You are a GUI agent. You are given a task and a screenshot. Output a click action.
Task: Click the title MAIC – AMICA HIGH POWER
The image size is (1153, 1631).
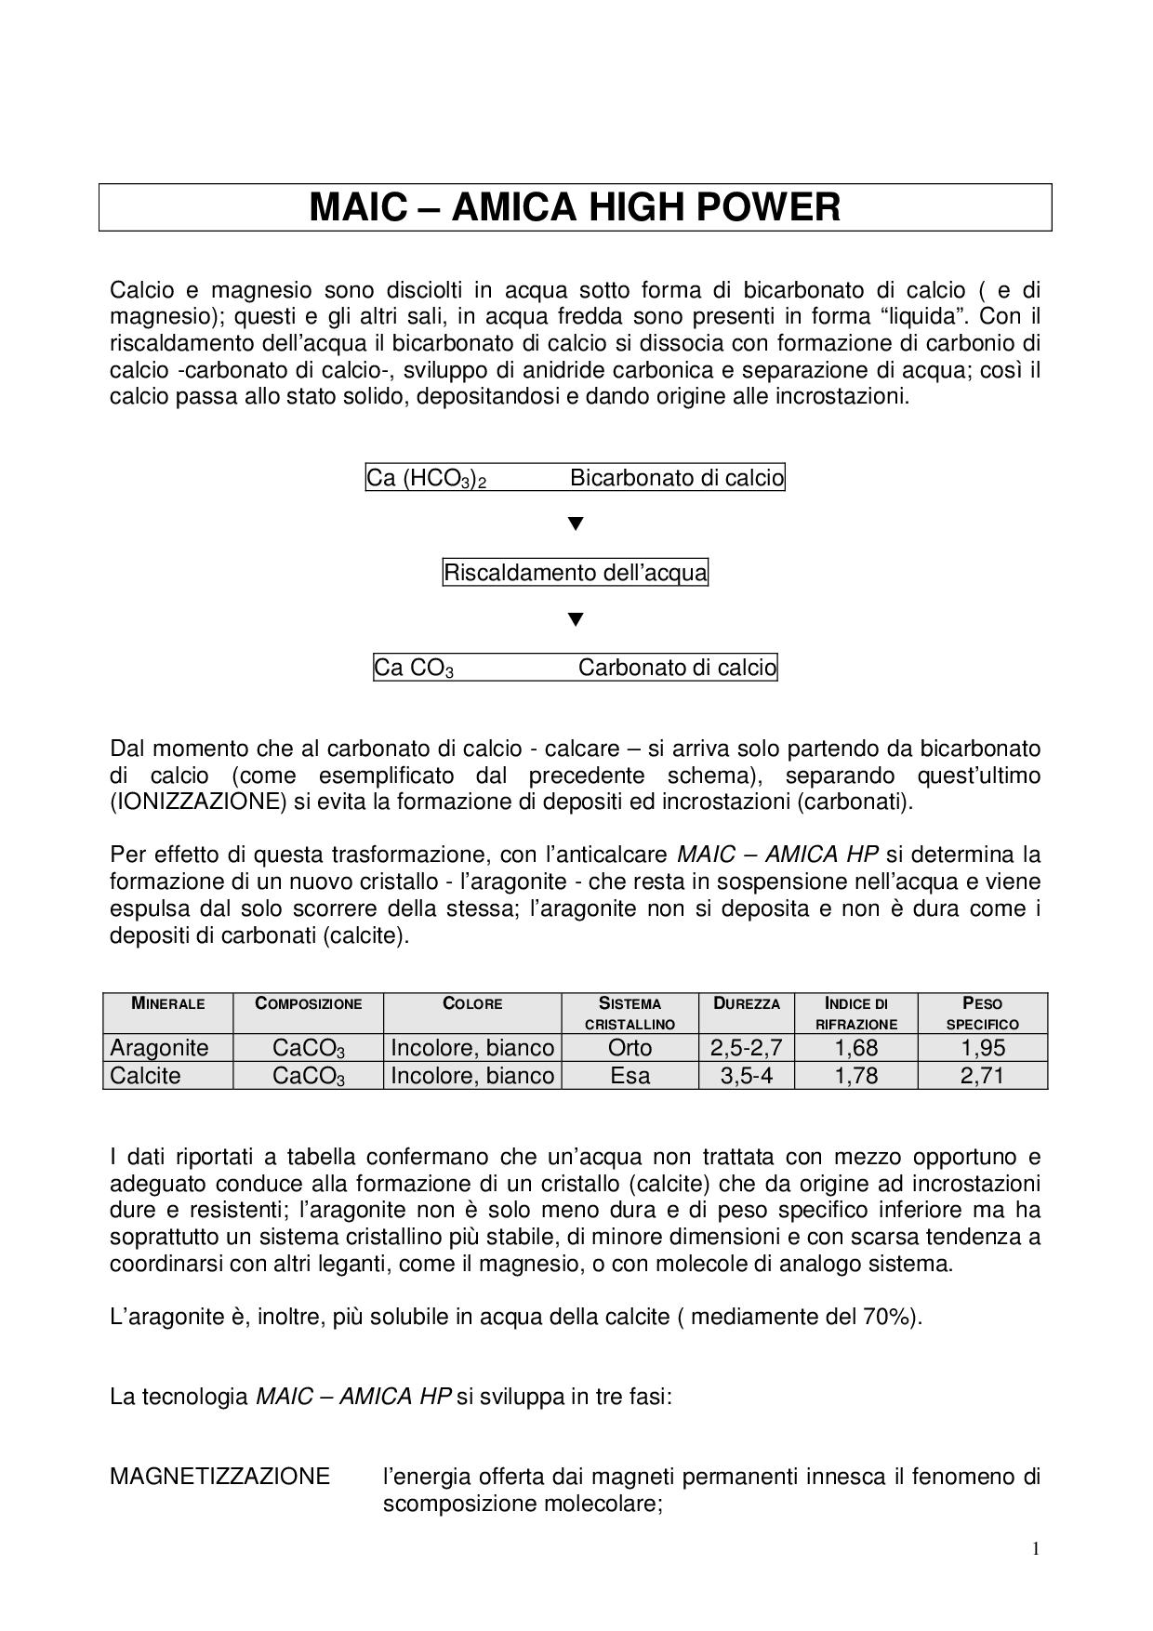point(575,207)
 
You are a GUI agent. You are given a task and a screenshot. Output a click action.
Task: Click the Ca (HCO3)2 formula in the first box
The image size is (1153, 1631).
point(427,479)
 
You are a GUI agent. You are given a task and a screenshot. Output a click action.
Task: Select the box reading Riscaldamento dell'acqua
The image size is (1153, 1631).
point(575,573)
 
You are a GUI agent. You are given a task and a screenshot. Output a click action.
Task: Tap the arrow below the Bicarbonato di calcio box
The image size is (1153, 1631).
point(576,524)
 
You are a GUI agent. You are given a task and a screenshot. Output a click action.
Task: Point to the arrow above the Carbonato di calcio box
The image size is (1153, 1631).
point(576,619)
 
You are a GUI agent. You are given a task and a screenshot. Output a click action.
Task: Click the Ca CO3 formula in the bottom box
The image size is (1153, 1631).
point(414,668)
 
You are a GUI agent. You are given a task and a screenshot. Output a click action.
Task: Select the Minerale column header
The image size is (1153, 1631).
point(168,1003)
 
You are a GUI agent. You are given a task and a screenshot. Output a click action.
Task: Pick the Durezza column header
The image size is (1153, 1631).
point(747,1003)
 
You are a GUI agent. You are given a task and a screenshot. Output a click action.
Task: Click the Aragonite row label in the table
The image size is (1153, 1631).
point(159,1048)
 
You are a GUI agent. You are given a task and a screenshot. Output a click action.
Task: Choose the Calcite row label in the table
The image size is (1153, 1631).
point(146,1076)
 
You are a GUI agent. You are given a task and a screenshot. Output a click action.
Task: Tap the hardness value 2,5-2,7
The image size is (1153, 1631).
point(747,1048)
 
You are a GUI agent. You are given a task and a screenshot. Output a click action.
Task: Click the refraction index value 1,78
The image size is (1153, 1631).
point(856,1076)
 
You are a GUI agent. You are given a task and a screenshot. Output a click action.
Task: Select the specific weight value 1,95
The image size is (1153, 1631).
point(983,1048)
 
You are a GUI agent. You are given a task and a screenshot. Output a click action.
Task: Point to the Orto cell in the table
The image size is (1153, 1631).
point(630,1048)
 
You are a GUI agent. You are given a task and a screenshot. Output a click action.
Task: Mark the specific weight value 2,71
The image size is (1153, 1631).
point(983,1076)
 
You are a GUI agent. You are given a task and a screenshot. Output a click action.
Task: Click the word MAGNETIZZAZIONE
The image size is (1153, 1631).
point(219,1476)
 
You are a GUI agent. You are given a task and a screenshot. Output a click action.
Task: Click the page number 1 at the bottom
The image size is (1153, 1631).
point(1036,1548)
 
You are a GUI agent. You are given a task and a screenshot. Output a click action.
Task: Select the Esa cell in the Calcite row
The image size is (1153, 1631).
point(630,1076)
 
